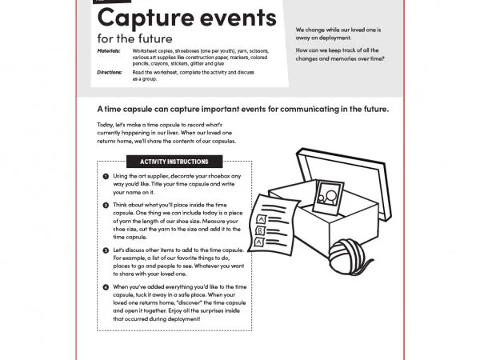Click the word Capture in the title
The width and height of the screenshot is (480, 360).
click(x=142, y=18)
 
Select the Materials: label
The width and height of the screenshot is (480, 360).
click(x=109, y=50)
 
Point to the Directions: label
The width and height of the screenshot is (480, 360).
click(x=110, y=72)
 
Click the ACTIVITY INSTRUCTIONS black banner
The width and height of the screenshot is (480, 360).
click(x=174, y=161)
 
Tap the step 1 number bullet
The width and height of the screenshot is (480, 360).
click(x=106, y=175)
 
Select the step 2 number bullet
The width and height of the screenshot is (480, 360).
click(x=106, y=206)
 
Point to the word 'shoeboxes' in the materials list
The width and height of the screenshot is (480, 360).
click(x=186, y=50)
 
